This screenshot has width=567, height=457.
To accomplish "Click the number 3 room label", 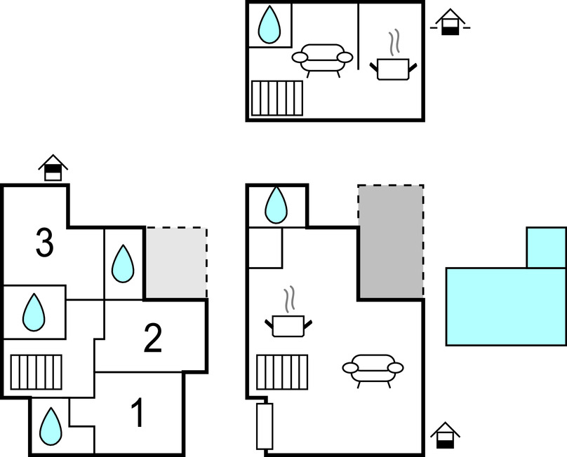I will click(x=44, y=243).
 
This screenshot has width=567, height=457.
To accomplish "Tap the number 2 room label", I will click(x=153, y=339).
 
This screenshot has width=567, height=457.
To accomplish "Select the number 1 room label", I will click(x=138, y=413).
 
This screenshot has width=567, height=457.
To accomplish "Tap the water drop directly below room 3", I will click(x=34, y=312).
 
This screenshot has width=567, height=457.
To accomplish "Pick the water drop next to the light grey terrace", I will click(x=124, y=264).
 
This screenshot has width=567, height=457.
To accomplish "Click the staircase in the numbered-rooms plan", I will click(x=36, y=371).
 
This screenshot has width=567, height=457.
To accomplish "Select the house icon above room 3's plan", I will click(x=53, y=168).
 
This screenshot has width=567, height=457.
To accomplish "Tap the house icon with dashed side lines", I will click(x=450, y=23).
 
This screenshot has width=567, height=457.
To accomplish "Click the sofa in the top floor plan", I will click(x=323, y=60).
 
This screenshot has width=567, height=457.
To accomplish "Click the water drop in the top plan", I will click(x=269, y=26).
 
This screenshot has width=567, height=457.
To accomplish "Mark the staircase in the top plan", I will click(x=277, y=97).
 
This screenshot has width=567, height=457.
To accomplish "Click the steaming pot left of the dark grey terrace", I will click(x=288, y=318).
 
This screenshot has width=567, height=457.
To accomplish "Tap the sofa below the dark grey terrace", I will click(x=373, y=369).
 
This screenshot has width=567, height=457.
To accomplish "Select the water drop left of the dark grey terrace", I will click(x=276, y=205).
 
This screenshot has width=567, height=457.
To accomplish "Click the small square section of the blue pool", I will click(x=546, y=247).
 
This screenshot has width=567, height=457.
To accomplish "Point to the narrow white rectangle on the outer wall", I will click(x=265, y=426).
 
